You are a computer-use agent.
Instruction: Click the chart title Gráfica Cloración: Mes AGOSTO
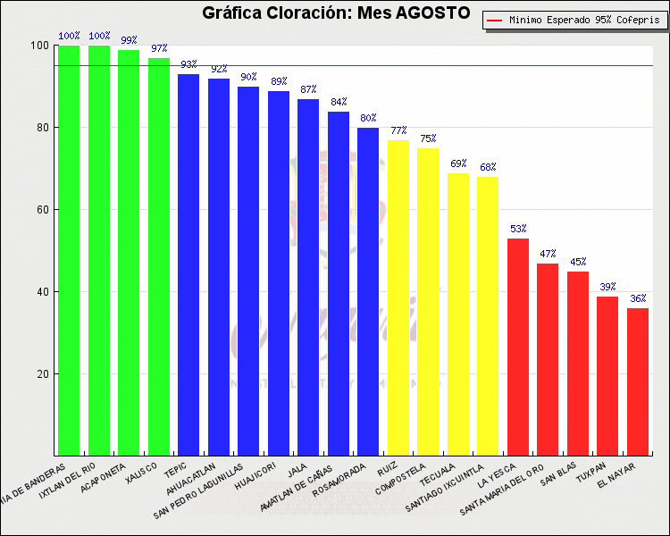(x=336, y=13)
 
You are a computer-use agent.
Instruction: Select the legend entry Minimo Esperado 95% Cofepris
(x=577, y=20)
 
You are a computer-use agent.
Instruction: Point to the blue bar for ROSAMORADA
(x=368, y=291)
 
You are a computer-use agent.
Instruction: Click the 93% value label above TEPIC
(x=188, y=65)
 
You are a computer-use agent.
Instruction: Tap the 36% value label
(x=638, y=299)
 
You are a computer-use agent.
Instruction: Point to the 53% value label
(x=518, y=230)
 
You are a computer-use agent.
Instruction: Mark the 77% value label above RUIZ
(x=398, y=131)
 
